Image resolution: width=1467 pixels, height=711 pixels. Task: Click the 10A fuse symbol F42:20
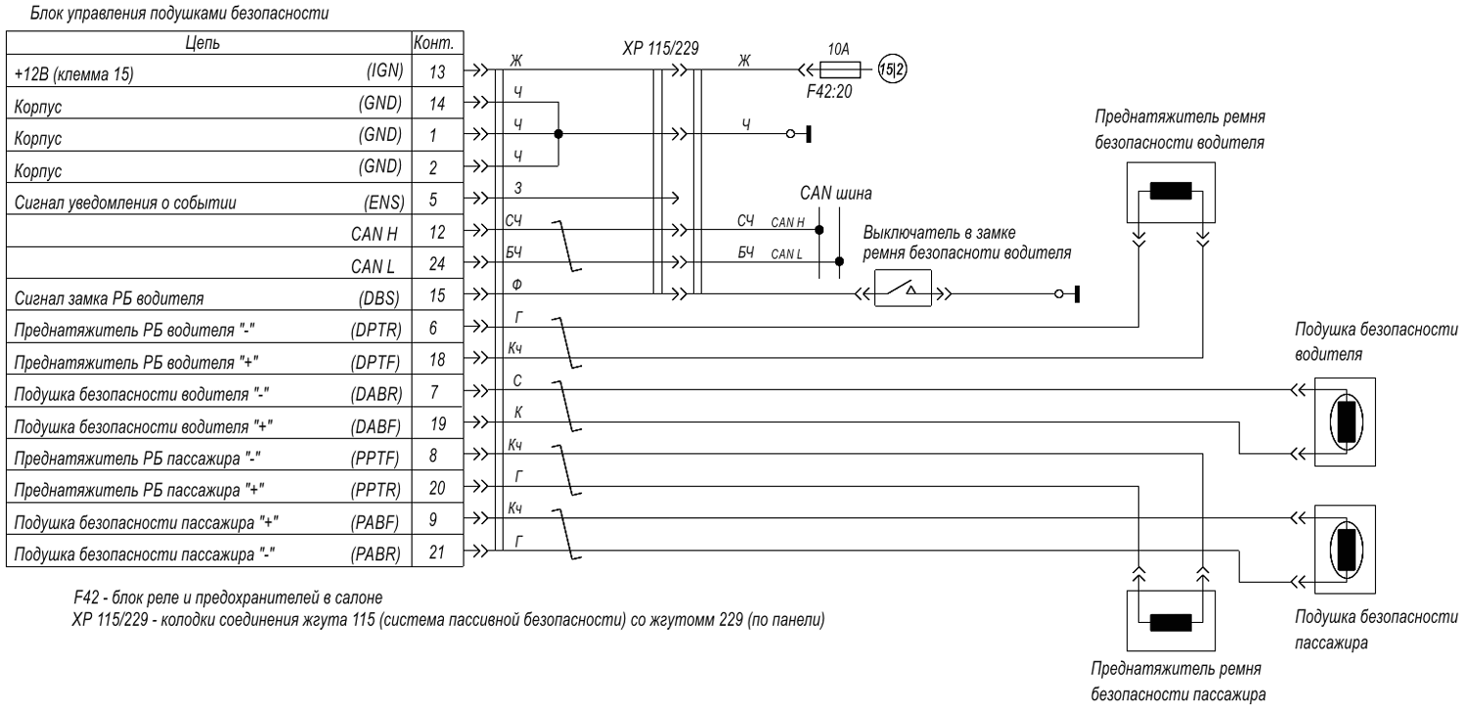840,68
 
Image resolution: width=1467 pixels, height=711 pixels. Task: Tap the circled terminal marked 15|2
892,68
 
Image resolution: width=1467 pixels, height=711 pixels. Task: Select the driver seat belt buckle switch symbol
903,289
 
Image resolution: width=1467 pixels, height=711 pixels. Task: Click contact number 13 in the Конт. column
437,71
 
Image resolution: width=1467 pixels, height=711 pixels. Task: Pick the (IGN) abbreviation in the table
384,70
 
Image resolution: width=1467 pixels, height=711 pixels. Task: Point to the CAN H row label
374,234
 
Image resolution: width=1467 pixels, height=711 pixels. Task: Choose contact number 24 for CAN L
437,264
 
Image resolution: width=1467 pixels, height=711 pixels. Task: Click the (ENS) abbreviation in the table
383,202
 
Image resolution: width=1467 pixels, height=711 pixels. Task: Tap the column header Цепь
202,43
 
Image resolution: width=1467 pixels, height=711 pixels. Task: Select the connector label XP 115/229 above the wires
660,49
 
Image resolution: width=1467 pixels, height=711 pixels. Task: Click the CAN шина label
835,193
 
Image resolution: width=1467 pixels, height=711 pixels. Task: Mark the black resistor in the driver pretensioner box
1171,191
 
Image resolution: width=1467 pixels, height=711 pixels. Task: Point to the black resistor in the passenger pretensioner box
1171,622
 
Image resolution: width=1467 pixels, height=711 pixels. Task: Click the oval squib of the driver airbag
1346,422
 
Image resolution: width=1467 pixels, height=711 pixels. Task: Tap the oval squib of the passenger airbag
1346,550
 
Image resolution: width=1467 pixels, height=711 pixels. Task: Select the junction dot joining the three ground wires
558,134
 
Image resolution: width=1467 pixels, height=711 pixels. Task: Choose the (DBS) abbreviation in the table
379,298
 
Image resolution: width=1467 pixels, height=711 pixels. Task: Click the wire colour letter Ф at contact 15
516,285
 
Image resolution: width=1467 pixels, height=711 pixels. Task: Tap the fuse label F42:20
829,92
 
